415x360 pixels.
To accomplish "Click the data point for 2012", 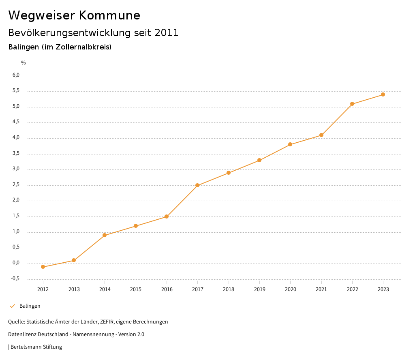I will pyautogui.click(x=43, y=267).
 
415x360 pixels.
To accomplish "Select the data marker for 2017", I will pyautogui.click(x=197, y=185).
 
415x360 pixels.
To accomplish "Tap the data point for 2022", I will pyautogui.click(x=352, y=104).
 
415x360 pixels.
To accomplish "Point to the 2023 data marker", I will pyautogui.click(x=383, y=94).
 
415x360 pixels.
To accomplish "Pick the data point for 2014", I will pyautogui.click(x=105, y=235).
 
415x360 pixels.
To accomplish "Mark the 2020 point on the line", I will pyautogui.click(x=290, y=144).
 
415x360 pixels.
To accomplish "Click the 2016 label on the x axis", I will pyautogui.click(x=167, y=289).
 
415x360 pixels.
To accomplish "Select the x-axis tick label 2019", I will pyautogui.click(x=259, y=289).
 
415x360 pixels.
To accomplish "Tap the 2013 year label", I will pyautogui.click(x=74, y=289).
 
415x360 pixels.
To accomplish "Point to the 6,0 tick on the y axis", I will pyautogui.click(x=16, y=75).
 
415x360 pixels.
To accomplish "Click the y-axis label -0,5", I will pyautogui.click(x=15, y=279).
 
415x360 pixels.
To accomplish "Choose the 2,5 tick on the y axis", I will pyautogui.click(x=16, y=185).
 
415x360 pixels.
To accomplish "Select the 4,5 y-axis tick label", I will pyautogui.click(x=16, y=122).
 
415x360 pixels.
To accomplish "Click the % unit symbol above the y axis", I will pyautogui.click(x=24, y=62).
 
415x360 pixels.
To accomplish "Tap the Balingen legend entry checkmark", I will pyautogui.click(x=12, y=306).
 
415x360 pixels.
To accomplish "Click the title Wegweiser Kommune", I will pyautogui.click(x=74, y=15).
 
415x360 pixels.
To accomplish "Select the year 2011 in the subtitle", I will pyautogui.click(x=167, y=32).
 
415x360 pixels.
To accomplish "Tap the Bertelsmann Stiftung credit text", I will pyautogui.click(x=36, y=347).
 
